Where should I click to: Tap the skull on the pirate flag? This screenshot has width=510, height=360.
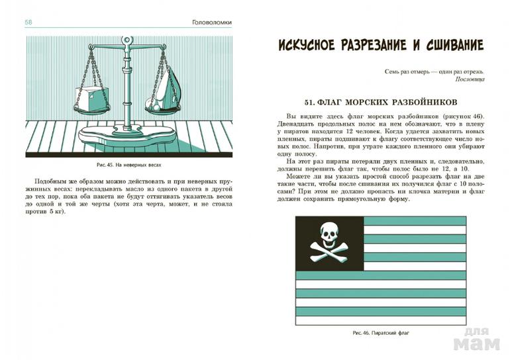(329, 234)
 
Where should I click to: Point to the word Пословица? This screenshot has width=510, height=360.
(470, 79)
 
